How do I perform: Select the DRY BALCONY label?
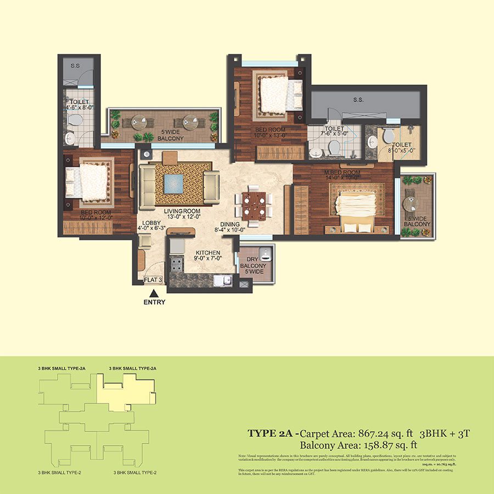pos(253,266)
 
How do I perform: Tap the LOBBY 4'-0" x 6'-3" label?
pos(151,227)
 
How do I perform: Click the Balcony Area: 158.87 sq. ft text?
pos(359,445)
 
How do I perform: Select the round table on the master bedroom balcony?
pos(411,204)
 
